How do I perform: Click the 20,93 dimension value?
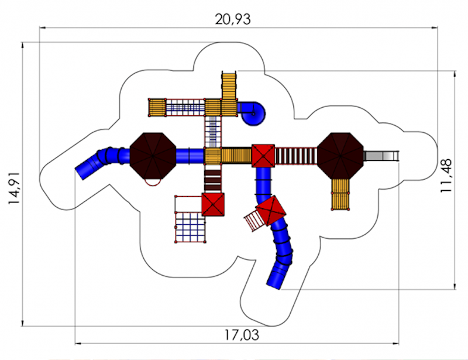point(233,19)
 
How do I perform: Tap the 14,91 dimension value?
point(14,188)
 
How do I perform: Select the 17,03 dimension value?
point(242,335)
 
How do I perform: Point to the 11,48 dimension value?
point(446,176)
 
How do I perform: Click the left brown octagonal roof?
point(153,156)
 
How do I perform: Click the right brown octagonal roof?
point(340,156)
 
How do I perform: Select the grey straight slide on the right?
point(381,156)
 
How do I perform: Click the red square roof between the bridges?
point(263,156)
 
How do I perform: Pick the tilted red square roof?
point(270,210)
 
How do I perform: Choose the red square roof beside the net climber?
point(213,204)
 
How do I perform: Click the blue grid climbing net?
point(190,227)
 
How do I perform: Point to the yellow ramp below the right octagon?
point(340,194)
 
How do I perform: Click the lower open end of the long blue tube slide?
point(274,284)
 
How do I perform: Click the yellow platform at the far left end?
point(157,108)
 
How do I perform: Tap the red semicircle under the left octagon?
point(153,183)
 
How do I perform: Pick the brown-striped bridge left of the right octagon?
point(296,156)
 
